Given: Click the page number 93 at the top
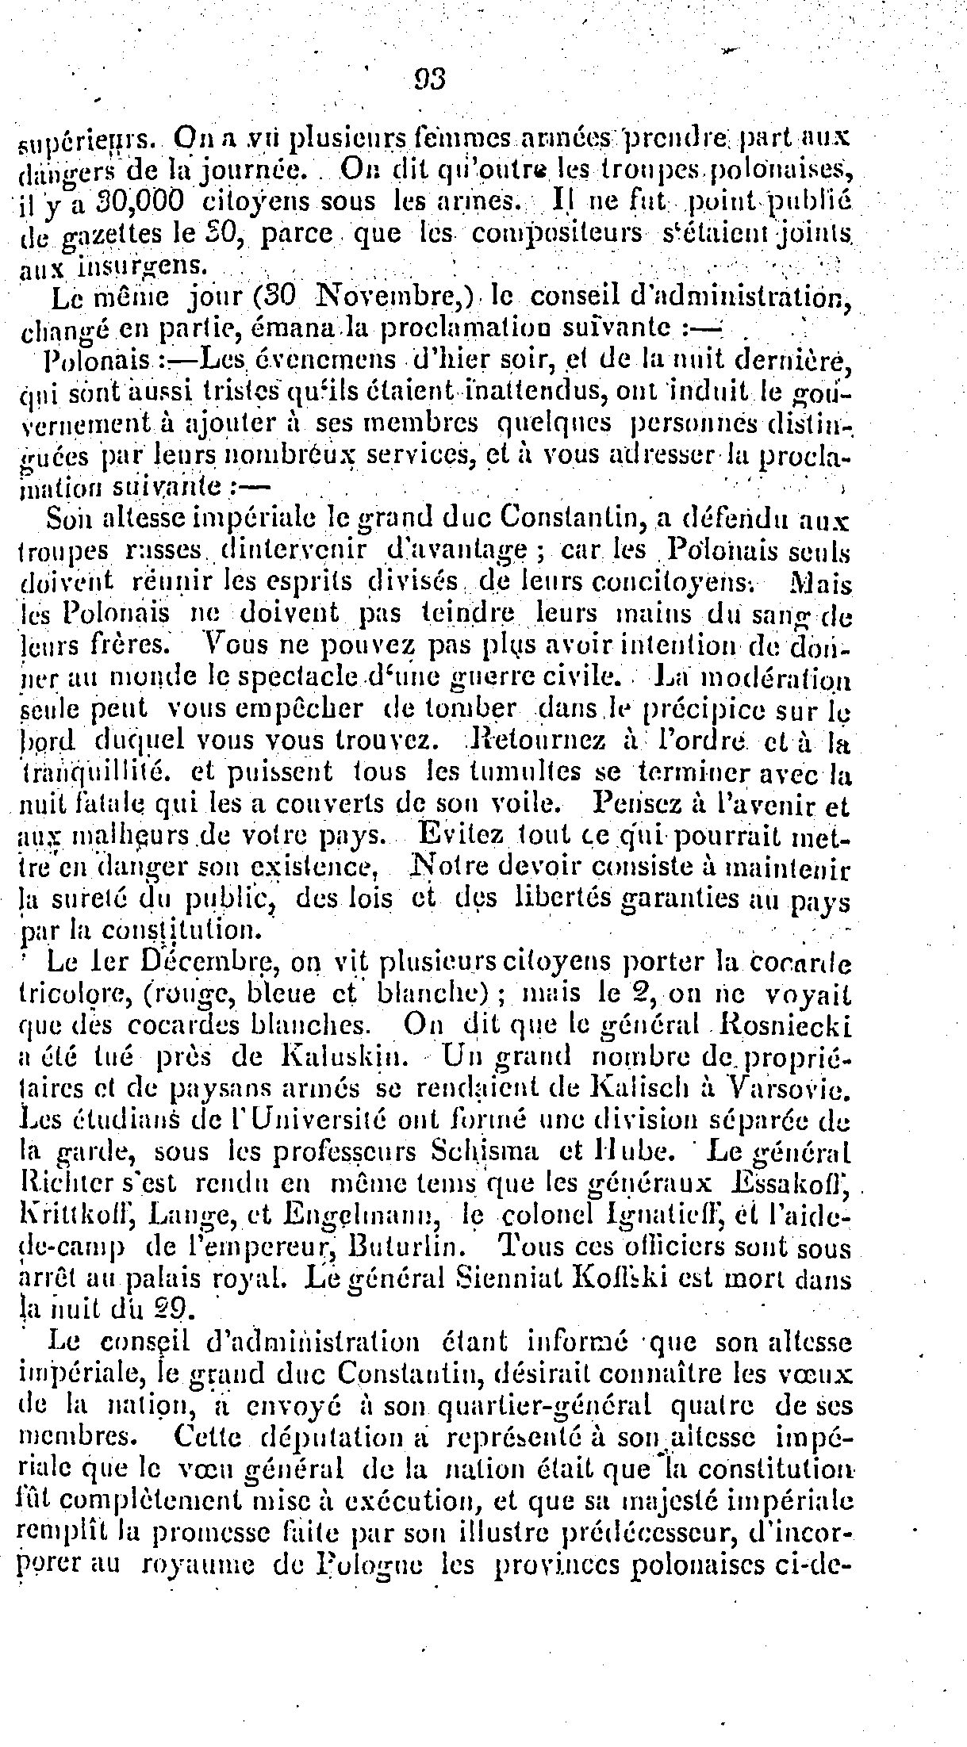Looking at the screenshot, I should [430, 79].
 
